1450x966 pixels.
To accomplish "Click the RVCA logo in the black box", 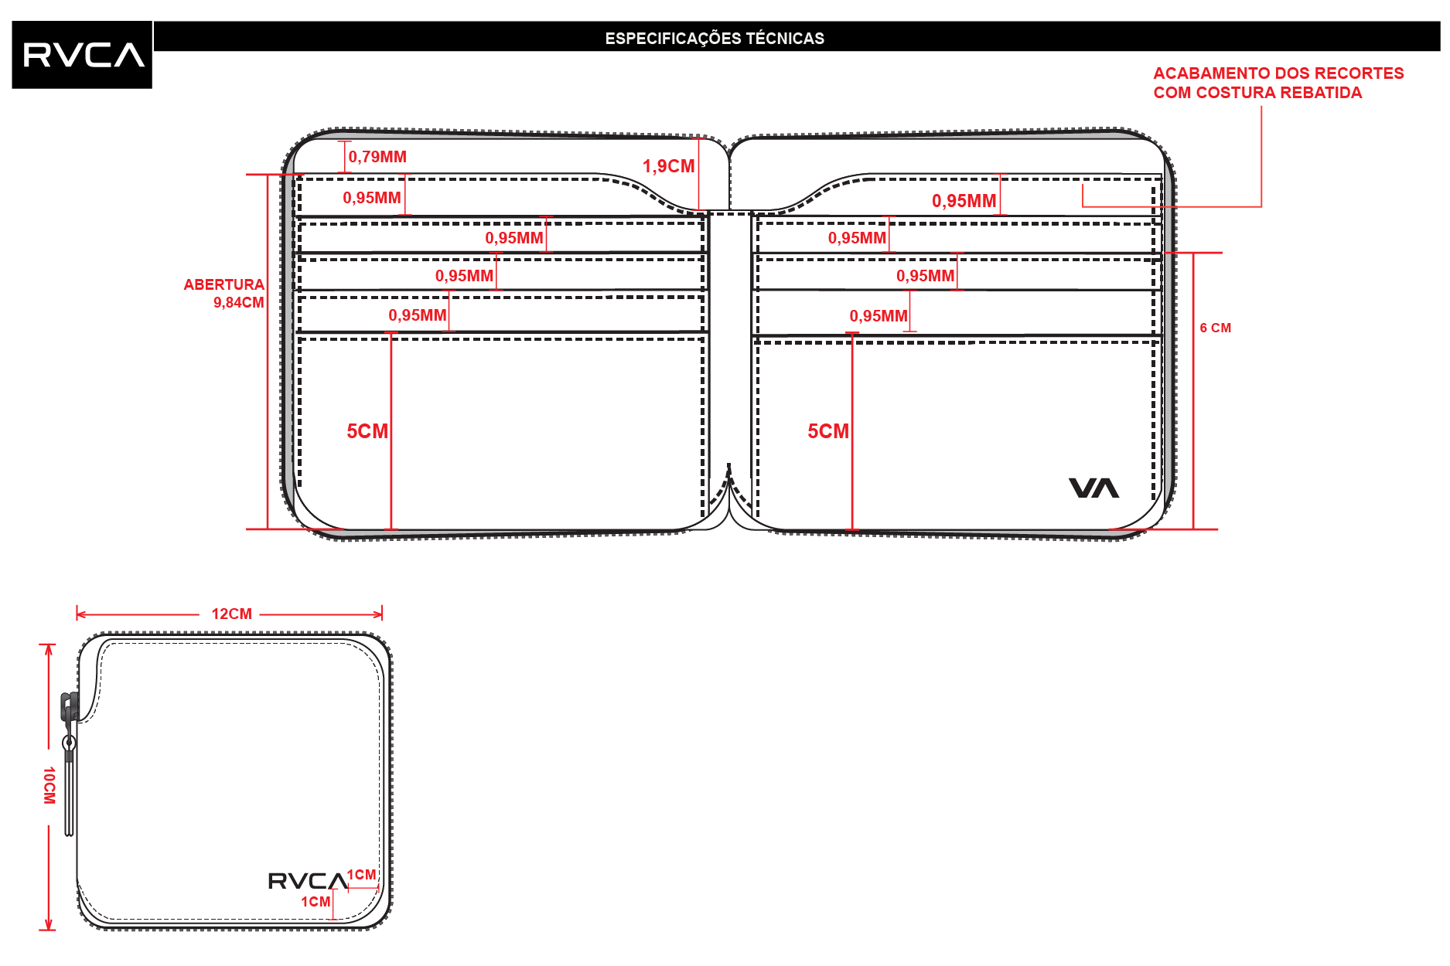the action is click(x=84, y=55).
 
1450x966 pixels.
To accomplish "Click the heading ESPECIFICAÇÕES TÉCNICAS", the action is click(x=715, y=39).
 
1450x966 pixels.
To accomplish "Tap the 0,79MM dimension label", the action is click(x=377, y=157).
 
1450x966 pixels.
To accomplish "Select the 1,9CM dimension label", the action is click(x=668, y=166).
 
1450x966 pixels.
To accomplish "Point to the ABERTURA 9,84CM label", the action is click(x=223, y=294).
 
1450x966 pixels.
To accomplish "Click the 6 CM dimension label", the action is click(x=1215, y=328).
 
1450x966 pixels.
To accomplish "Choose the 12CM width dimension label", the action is click(x=231, y=614).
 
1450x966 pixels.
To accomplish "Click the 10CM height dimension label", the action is click(x=49, y=785).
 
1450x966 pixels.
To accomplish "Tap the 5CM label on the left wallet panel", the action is click(x=367, y=431).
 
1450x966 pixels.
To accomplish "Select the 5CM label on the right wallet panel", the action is click(x=828, y=431).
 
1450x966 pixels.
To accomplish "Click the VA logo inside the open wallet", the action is click(x=1093, y=488).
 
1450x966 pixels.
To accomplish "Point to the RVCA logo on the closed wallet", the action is click(x=308, y=881).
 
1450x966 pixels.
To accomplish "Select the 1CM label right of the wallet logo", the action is click(x=361, y=875).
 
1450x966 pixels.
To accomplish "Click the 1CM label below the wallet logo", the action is click(x=316, y=902).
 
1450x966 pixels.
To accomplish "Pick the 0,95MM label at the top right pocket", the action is click(x=964, y=201).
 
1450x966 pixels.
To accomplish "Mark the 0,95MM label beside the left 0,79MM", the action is click(x=372, y=198).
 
